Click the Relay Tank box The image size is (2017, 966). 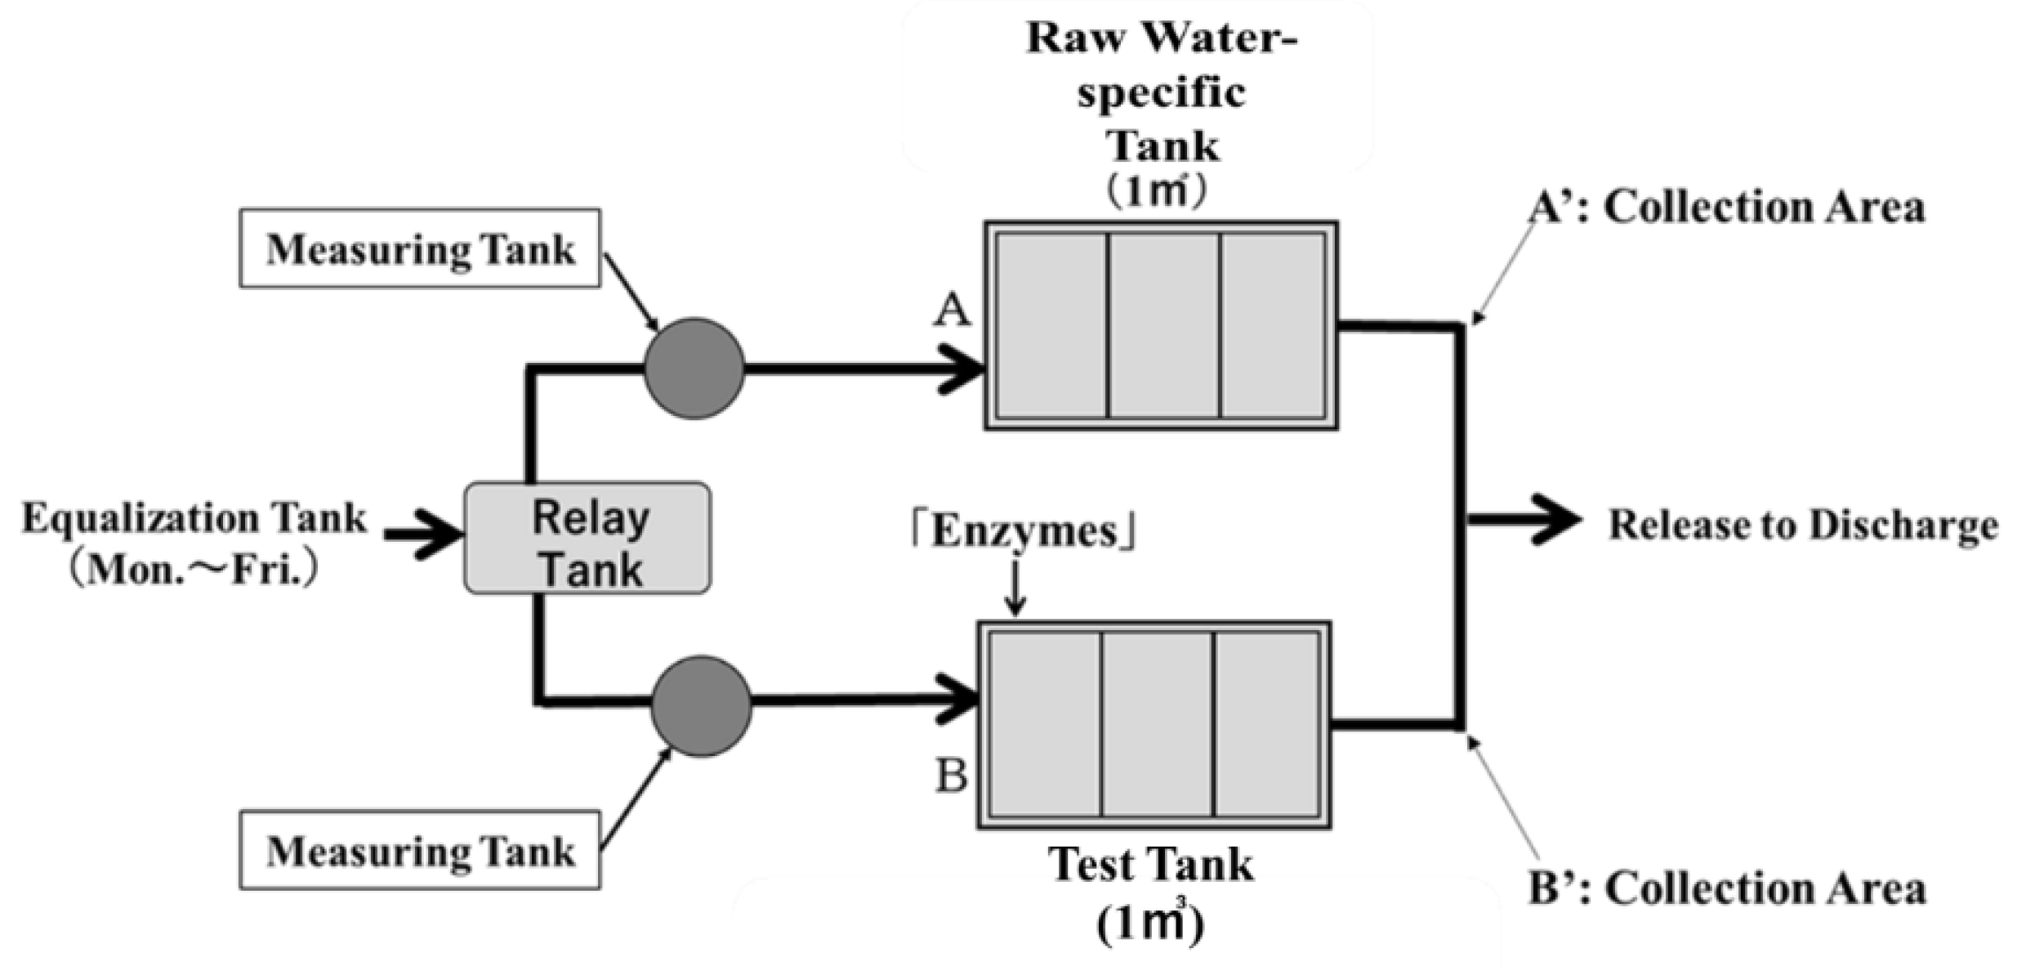pos(587,538)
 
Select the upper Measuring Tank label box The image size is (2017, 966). pos(420,248)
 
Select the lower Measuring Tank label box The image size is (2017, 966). pos(420,851)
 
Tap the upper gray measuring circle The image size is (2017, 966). pos(694,369)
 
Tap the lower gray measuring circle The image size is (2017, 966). pos(701,706)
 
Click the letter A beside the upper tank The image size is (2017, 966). pos(952,311)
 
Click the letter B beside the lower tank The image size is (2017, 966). pos(951,776)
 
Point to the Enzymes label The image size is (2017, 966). pos(1024,531)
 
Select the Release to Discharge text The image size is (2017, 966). pos(1802,525)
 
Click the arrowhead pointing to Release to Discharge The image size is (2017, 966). pos(1556,520)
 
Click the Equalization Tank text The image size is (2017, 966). pos(194,518)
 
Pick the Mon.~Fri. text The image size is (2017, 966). pos(194,570)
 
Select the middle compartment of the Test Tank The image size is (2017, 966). pos(1158,725)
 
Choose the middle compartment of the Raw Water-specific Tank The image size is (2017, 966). pos(1163,325)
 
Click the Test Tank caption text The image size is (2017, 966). pos(1151,865)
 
